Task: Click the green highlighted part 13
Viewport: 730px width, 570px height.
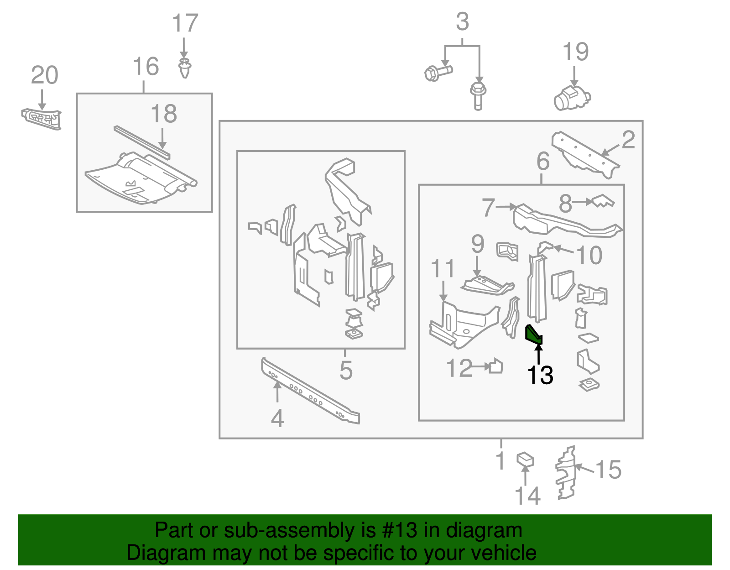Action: (x=533, y=334)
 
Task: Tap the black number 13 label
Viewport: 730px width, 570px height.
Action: (x=540, y=375)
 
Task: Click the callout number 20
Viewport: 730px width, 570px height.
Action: (x=44, y=75)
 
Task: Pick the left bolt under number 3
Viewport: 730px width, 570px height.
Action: (x=438, y=72)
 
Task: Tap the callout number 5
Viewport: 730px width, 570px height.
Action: (x=346, y=370)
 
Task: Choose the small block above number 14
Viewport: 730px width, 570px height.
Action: (x=525, y=459)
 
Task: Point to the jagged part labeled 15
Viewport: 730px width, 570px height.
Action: (x=566, y=473)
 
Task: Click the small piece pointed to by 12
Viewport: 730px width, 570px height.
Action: (x=496, y=366)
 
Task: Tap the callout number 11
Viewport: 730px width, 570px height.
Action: (x=443, y=268)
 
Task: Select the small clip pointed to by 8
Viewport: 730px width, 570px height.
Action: (x=603, y=201)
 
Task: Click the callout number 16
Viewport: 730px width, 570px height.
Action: (x=146, y=67)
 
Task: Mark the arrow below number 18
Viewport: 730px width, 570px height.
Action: (x=163, y=137)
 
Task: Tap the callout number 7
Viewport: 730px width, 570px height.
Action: (x=488, y=208)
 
